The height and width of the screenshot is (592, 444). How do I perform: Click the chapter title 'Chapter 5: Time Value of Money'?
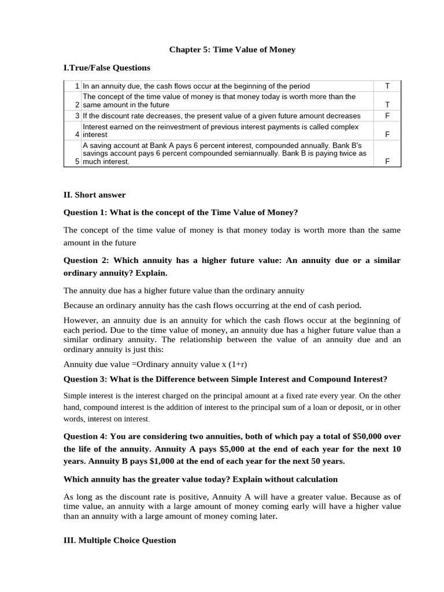point(232,50)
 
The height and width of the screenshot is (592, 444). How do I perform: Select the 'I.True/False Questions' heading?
point(106,68)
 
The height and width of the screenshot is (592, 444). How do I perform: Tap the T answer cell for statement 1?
point(387,86)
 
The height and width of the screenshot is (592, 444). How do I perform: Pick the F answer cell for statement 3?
point(387,116)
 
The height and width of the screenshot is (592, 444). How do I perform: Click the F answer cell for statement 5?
point(387,162)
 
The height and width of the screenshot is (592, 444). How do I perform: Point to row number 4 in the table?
point(77,134)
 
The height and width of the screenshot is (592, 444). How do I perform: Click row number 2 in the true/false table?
point(77,105)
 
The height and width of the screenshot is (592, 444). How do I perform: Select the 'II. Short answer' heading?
point(94,195)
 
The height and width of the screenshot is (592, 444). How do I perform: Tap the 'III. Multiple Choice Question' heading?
point(120,540)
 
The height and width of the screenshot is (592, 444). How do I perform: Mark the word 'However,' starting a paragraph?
point(79,320)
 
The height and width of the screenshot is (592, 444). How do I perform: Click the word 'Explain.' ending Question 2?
point(151,273)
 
